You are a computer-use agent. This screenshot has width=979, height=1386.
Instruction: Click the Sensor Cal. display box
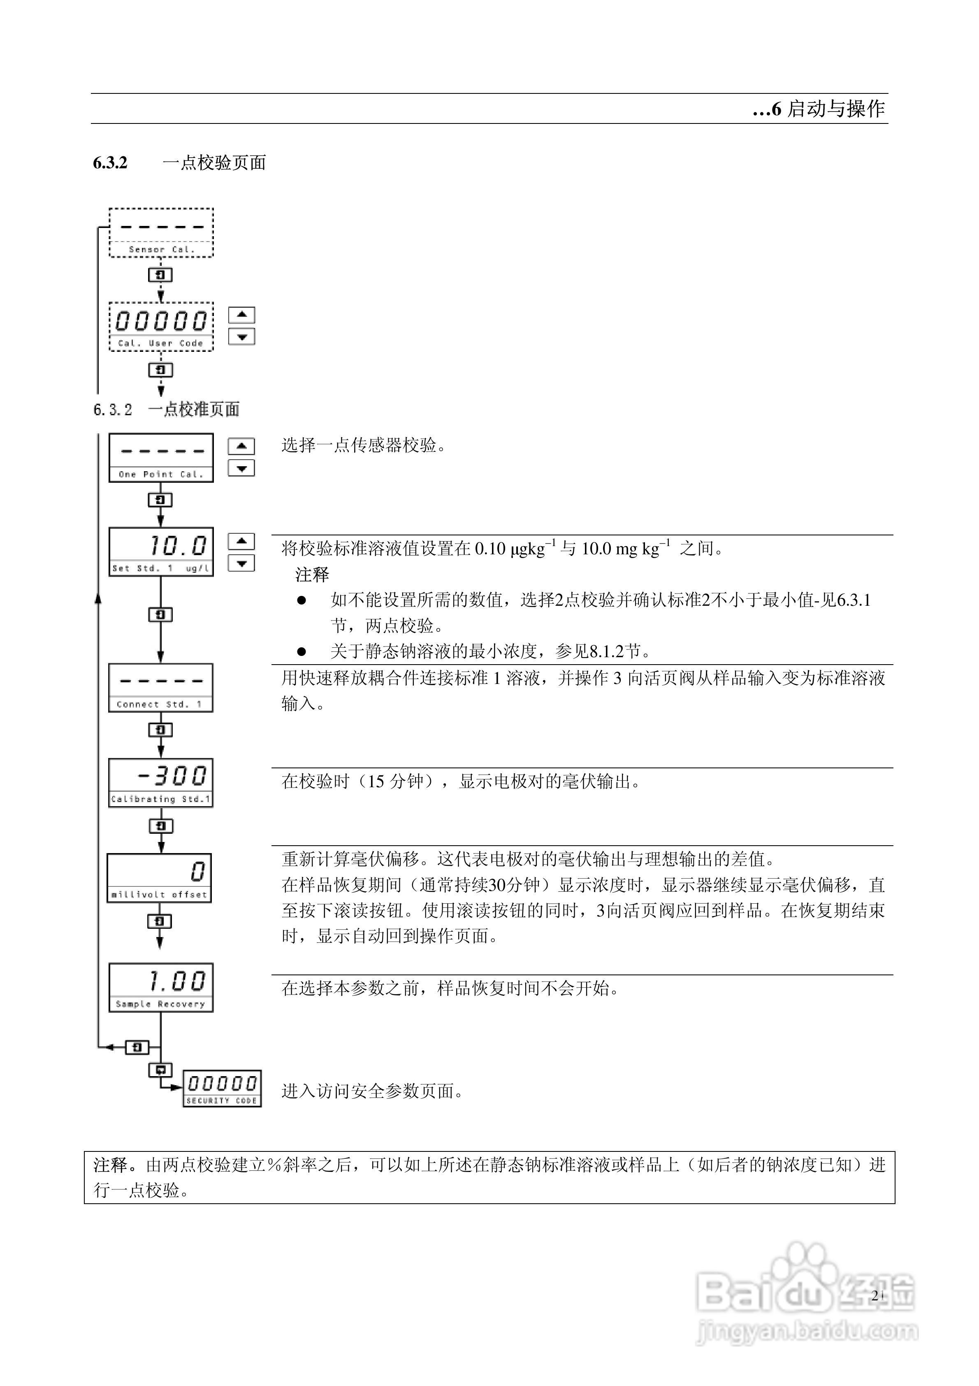click(x=161, y=233)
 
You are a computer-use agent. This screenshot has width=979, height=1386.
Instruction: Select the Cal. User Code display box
click(x=161, y=327)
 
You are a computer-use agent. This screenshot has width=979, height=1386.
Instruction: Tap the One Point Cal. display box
click(x=161, y=458)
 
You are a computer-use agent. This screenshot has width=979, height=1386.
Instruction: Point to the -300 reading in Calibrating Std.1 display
click(x=173, y=776)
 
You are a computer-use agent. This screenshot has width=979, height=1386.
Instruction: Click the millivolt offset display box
click(x=159, y=878)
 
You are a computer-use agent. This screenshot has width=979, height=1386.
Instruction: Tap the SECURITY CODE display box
click(x=222, y=1088)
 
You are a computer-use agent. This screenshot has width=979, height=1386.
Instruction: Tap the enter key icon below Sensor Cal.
click(x=160, y=274)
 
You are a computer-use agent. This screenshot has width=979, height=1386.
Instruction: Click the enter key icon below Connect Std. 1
click(x=160, y=730)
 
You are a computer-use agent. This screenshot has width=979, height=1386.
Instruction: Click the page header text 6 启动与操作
click(x=820, y=109)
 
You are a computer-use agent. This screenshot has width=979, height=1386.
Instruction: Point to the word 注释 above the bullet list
click(x=312, y=574)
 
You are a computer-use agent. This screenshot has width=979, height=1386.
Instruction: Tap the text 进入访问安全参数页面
click(x=372, y=1091)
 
